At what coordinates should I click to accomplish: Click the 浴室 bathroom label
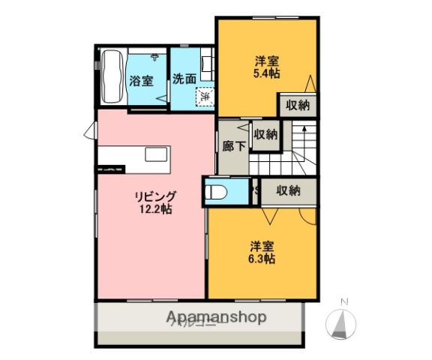(142, 80)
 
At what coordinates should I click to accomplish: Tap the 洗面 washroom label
(184, 77)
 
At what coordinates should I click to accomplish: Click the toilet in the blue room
(217, 191)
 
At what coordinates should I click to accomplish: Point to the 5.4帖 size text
(267, 73)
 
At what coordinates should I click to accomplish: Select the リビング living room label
(155, 197)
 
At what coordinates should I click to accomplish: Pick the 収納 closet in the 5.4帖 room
(298, 105)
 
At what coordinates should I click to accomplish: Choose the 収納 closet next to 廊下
(265, 135)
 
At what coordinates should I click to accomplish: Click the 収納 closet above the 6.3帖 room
(287, 190)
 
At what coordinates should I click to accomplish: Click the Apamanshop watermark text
(211, 316)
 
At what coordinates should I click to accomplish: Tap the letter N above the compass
(344, 302)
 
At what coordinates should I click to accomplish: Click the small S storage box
(256, 190)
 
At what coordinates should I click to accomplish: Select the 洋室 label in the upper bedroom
(267, 61)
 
